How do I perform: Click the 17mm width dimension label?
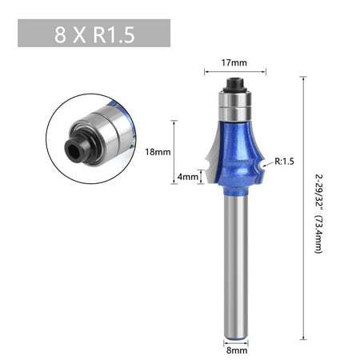234,63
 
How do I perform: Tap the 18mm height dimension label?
158,152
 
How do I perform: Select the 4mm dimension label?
188,177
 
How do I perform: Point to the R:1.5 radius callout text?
284,161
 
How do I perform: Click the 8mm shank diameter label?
237,350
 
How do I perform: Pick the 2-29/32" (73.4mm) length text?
319,214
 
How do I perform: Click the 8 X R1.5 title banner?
94,33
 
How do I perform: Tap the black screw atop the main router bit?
234,84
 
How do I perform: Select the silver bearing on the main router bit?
234,106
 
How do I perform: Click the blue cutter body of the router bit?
235,154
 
